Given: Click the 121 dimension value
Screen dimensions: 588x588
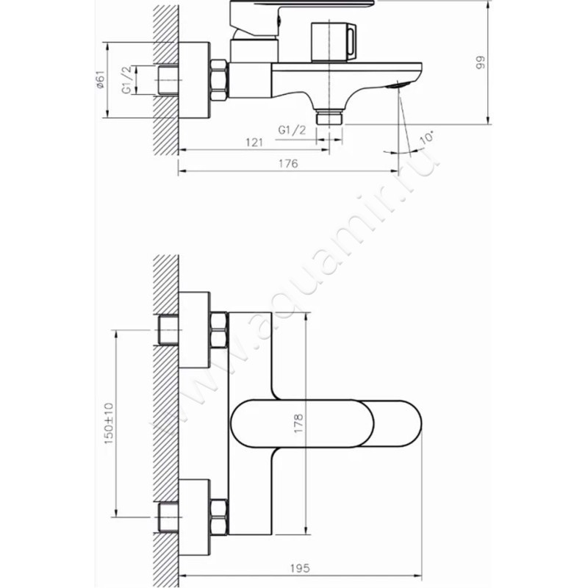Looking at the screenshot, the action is coord(254,143).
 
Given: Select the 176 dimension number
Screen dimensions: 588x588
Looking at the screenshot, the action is coord(288,163).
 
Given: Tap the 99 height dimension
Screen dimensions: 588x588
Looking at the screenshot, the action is coord(481,62).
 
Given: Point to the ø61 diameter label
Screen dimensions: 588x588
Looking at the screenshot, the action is coord(100,80).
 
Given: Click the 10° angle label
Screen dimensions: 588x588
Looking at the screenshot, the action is coord(427,137).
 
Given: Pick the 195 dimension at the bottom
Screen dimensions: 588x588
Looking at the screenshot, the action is coord(300,568).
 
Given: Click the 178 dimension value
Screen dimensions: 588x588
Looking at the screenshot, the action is coord(298,424).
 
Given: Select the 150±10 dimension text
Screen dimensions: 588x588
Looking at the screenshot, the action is coord(108,423).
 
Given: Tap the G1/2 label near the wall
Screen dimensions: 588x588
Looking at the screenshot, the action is coord(127,80).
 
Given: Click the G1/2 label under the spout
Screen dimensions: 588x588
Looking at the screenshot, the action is coord(292,130).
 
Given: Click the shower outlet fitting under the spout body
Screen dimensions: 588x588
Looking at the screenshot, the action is coord(329,117).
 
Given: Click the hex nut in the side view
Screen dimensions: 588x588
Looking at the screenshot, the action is coord(219,80).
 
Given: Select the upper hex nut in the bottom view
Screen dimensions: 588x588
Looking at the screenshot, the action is coord(218,330).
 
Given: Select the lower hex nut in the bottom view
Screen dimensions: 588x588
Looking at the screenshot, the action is coord(218,517).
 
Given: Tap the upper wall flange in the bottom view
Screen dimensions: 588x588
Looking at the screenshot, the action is coord(194,329).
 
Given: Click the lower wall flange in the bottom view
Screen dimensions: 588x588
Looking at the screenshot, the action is coord(194,517).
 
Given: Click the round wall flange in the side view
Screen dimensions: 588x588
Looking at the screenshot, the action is coord(194,80).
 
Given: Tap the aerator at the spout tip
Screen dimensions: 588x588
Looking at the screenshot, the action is coord(395,85).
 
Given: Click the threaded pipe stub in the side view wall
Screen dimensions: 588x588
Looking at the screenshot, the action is coord(168,80).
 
